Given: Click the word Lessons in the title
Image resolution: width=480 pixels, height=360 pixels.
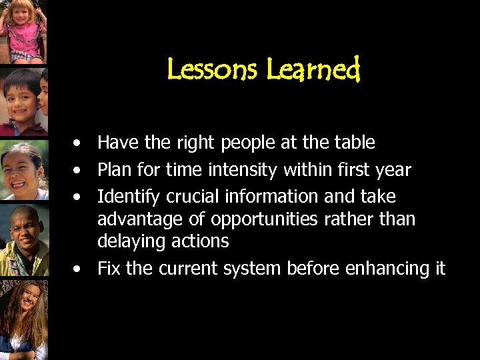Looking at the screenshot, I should (213, 69).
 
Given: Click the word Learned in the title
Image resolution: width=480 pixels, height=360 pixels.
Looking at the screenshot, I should (313, 69).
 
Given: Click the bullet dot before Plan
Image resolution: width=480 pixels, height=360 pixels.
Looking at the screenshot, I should (79, 171).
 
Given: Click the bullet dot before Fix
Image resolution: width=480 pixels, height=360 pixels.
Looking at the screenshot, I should (79, 269).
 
